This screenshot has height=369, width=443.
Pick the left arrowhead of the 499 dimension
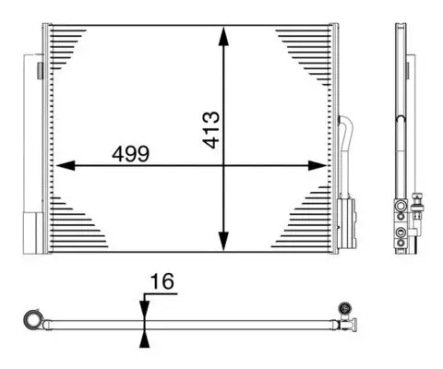[x=63, y=166]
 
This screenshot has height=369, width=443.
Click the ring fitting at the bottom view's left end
[x=34, y=320]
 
